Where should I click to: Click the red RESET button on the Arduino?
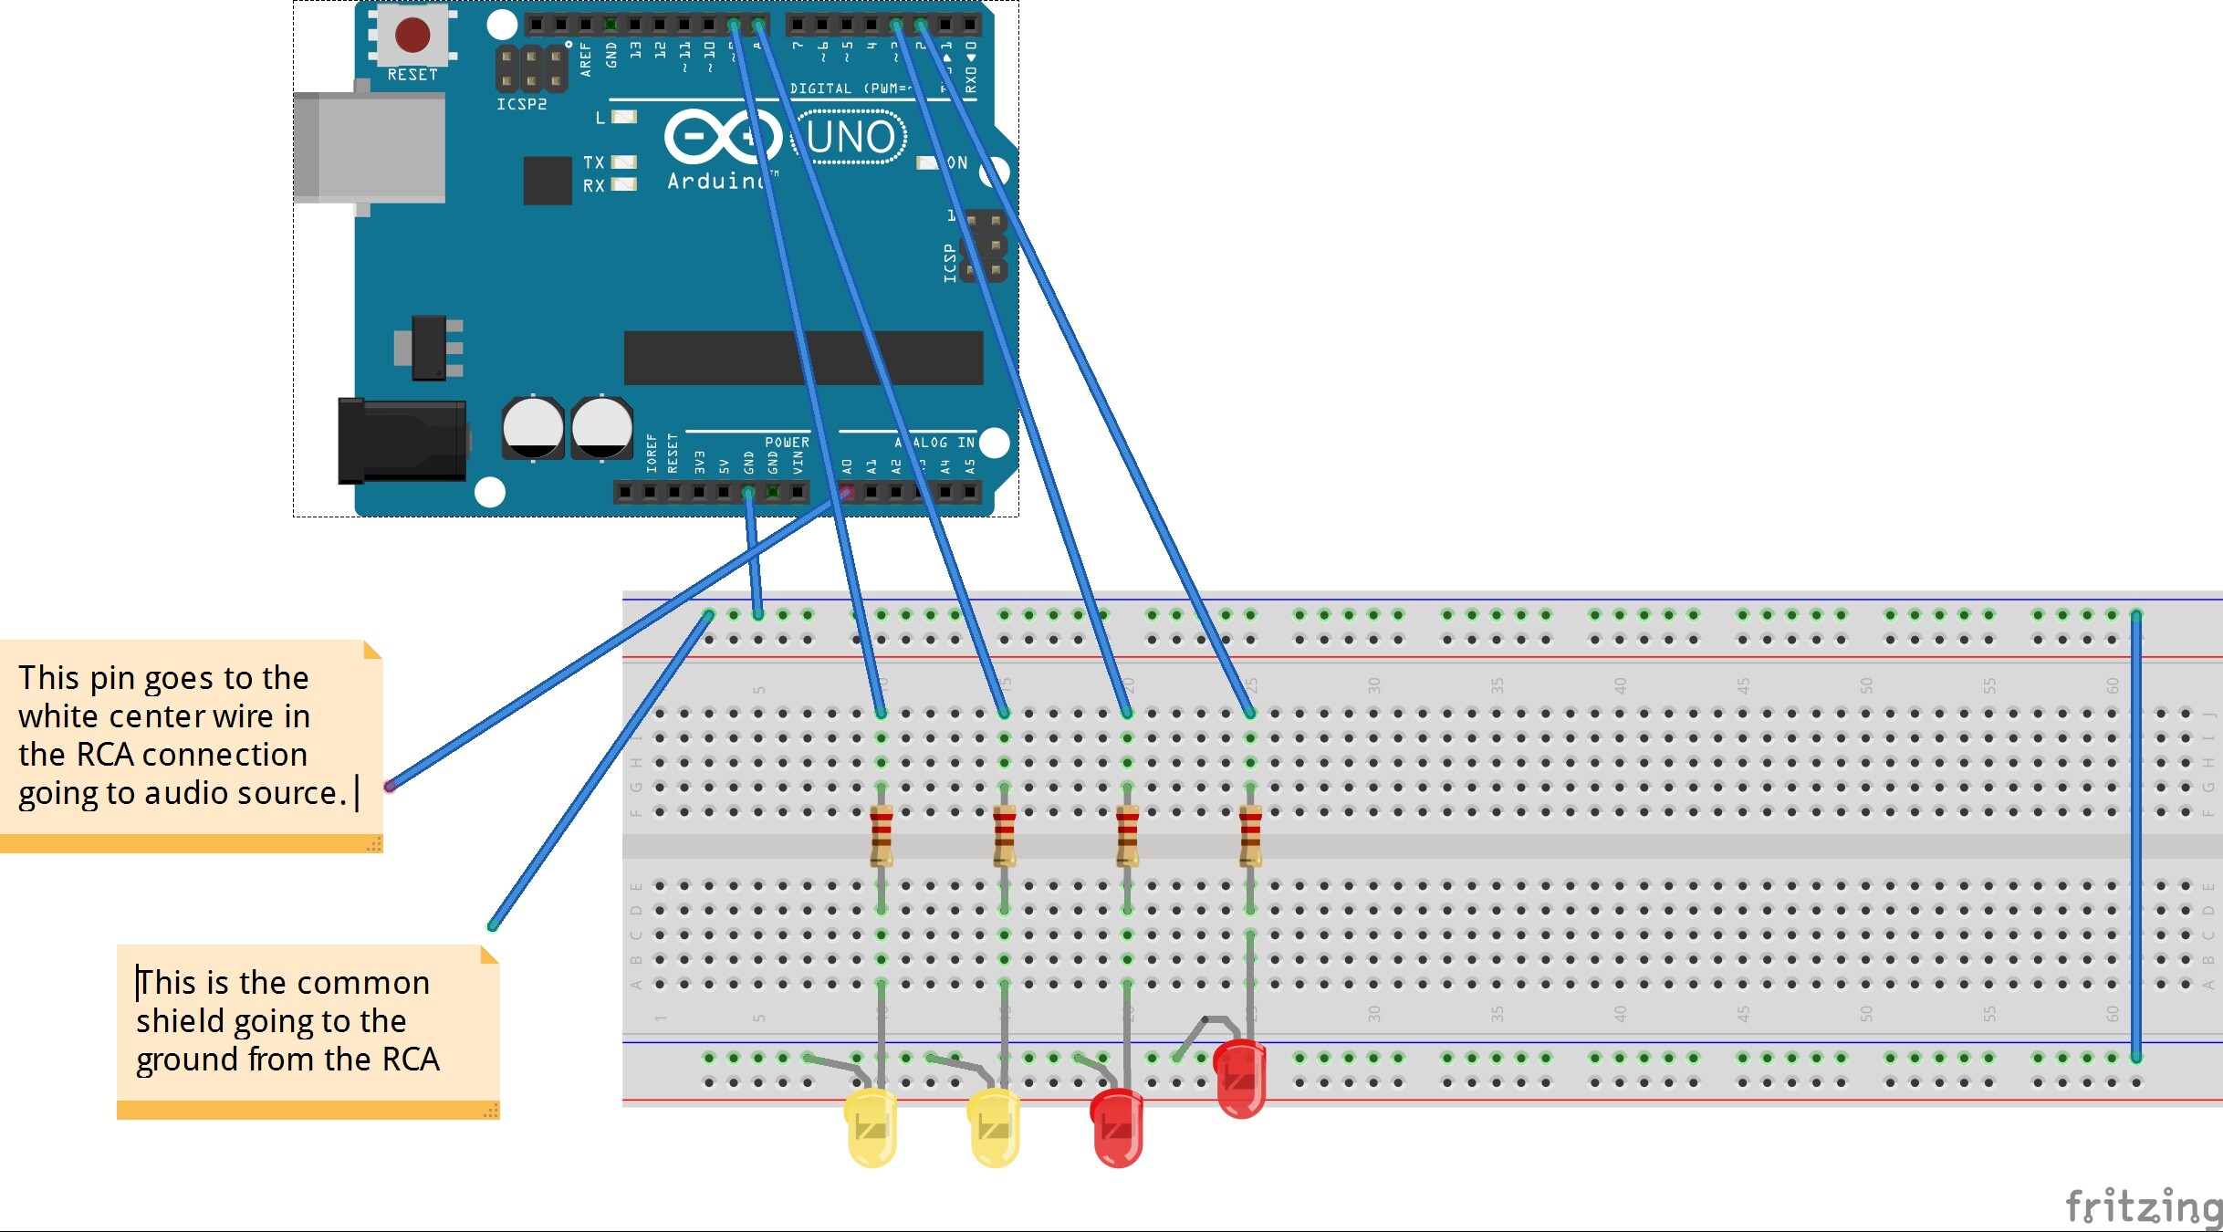click(x=412, y=35)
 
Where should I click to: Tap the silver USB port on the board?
click(x=370, y=148)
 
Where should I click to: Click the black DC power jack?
click(x=402, y=441)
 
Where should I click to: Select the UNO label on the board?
click(x=851, y=138)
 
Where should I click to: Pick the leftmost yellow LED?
click(x=871, y=1128)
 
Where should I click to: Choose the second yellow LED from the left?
click(x=994, y=1128)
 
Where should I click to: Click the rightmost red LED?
click(x=1240, y=1080)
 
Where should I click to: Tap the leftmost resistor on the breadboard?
click(x=881, y=835)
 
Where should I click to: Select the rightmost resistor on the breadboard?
click(x=1250, y=835)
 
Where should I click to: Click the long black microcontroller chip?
click(x=803, y=358)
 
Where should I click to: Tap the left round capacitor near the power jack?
click(x=533, y=427)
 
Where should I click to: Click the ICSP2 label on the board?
click(x=522, y=104)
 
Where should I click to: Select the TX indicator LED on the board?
click(x=624, y=162)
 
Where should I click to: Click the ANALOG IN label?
click(x=935, y=442)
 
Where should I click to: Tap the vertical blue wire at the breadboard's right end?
click(x=2136, y=835)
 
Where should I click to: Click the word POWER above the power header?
click(x=787, y=442)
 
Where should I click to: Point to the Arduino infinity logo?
click(x=723, y=137)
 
